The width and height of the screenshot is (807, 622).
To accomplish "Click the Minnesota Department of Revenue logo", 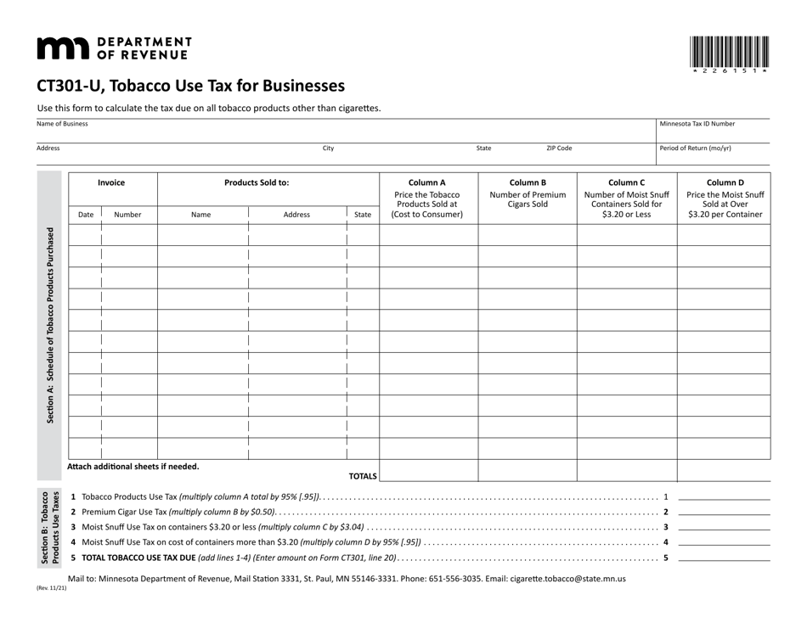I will click(x=114, y=48).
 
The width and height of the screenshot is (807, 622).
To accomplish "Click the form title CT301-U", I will click(x=190, y=86).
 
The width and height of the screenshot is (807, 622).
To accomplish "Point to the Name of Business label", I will click(x=62, y=124).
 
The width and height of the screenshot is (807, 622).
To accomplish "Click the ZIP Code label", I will click(x=558, y=148).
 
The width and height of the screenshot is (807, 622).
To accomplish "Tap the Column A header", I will click(x=427, y=182).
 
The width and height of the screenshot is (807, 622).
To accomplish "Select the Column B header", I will click(x=528, y=182).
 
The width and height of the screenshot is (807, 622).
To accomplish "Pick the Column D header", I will click(x=725, y=182).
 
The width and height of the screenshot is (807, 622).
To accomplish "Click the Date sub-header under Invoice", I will click(x=86, y=215).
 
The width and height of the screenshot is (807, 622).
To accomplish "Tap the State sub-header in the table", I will click(x=363, y=215).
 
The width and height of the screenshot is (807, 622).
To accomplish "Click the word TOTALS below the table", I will click(x=363, y=476).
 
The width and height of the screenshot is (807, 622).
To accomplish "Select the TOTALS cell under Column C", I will click(x=626, y=470).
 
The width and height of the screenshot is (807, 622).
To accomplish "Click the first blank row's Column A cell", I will click(x=428, y=235).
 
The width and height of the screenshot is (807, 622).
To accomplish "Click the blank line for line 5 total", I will click(x=724, y=558).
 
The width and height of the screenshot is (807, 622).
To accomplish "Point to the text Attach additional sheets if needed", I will click(x=133, y=467).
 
